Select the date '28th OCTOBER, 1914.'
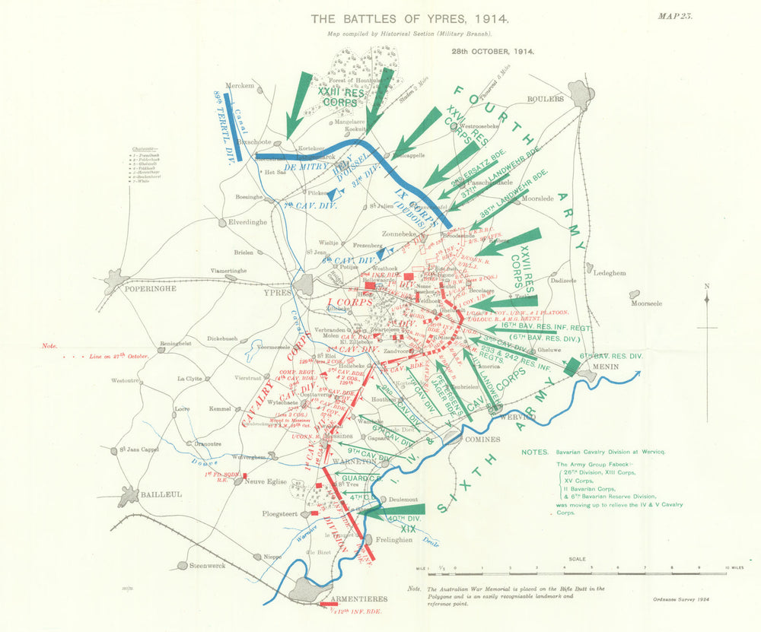pyautogui.click(x=492, y=52)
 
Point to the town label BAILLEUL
pyautogui.click(x=161, y=494)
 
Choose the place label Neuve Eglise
pyautogui.click(x=265, y=481)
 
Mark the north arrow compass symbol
pyautogui.click(x=708, y=327)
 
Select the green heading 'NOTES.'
pyautogui.click(x=535, y=452)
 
